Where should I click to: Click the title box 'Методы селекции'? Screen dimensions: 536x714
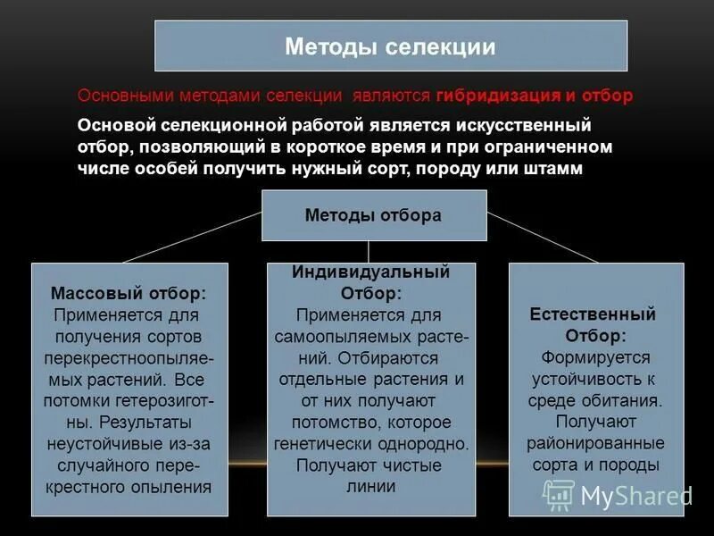[391, 46]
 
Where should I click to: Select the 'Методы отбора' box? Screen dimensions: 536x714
[373, 215]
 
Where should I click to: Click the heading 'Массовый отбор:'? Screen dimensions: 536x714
[129, 293]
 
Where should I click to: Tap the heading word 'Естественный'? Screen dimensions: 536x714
[593, 314]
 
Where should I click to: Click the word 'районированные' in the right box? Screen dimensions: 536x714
[594, 443]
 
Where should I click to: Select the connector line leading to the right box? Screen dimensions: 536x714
[543, 238]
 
